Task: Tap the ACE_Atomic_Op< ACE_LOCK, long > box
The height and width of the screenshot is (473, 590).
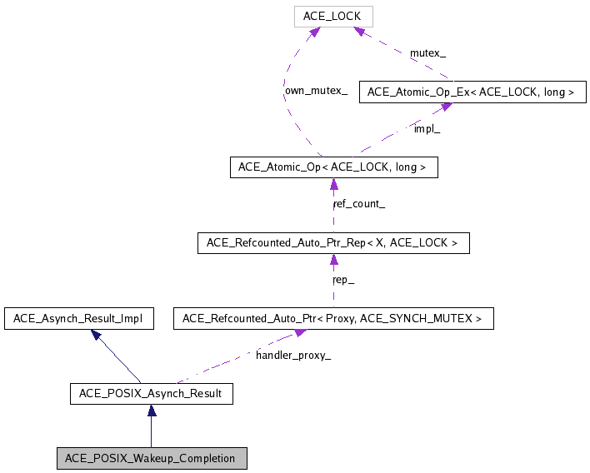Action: [x=332, y=167]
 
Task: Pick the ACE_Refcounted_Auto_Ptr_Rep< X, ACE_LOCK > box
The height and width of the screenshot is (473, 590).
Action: [x=332, y=243]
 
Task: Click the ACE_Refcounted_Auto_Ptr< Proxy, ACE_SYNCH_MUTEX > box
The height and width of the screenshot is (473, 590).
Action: [x=332, y=318]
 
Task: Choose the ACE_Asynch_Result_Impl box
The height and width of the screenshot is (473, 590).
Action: [x=78, y=318]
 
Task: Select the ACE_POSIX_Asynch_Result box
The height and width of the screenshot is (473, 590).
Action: [x=151, y=393]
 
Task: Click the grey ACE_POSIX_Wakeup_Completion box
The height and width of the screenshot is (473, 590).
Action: [x=151, y=458]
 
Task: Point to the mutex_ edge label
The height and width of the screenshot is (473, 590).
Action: [x=427, y=53]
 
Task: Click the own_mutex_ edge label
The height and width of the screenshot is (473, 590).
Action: [x=316, y=90]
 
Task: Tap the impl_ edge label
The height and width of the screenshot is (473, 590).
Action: [x=427, y=129]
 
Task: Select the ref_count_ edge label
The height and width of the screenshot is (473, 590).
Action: [x=358, y=204]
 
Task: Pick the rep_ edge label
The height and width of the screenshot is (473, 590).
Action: [x=343, y=280]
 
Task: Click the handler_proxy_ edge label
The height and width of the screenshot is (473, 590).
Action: [x=292, y=356]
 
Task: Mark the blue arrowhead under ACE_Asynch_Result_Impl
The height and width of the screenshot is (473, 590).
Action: [x=97, y=335]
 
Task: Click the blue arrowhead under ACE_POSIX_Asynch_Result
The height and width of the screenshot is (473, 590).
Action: [x=152, y=411]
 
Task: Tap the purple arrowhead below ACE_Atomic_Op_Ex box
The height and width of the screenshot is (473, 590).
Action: [x=446, y=107]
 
